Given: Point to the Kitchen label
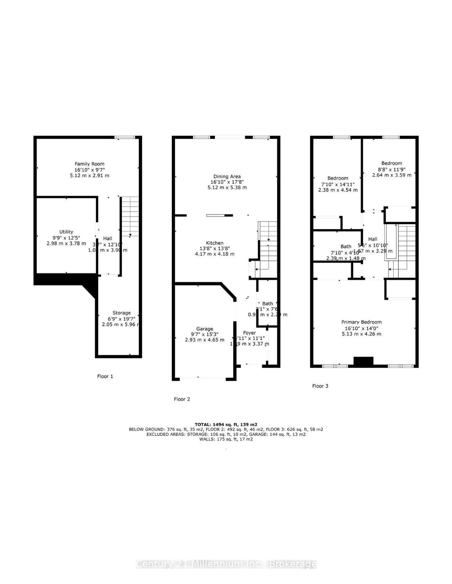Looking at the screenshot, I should point(214,243).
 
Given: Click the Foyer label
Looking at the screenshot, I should point(249,333).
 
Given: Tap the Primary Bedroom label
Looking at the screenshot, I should point(361,322).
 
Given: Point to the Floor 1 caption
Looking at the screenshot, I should point(105,376).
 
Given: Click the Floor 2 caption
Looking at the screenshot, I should point(182,399).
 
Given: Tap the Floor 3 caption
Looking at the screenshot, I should point(320,386).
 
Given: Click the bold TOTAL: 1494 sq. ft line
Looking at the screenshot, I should point(226,424).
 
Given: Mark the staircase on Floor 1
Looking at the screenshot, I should point(130,217).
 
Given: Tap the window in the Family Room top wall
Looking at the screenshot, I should point(125,137).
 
